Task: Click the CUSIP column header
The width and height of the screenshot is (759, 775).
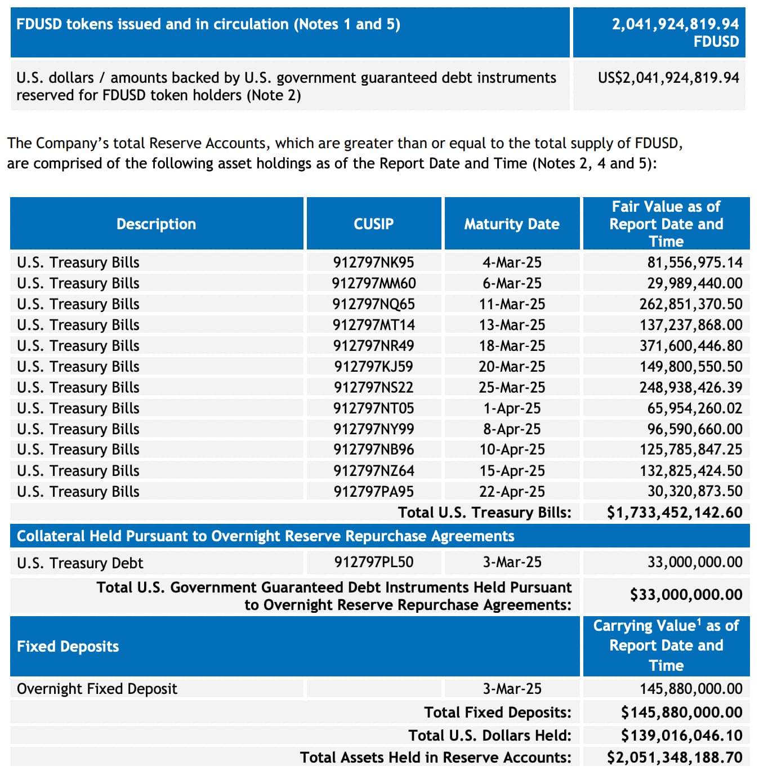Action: pos(373,224)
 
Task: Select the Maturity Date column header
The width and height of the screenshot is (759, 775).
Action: pos(511,224)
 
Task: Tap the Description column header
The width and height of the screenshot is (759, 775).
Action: pos(156,224)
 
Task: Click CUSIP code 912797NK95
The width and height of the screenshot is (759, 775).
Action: pos(373,262)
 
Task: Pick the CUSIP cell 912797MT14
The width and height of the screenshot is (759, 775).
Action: pos(373,325)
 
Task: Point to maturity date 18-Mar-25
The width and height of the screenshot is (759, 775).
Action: pos(511,346)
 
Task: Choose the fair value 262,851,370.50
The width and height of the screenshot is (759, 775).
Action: pos(690,304)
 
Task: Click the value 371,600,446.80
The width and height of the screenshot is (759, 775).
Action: pos(690,346)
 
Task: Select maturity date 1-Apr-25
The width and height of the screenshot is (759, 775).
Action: pos(511,408)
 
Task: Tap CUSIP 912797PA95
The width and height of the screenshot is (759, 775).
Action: pos(373,492)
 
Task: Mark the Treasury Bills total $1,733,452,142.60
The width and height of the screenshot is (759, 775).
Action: pos(674,513)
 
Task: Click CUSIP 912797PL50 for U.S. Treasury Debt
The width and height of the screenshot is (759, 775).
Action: pos(373,562)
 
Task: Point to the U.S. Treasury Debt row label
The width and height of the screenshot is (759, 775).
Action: pos(80,563)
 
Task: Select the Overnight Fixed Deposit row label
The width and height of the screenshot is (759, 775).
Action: pos(97,689)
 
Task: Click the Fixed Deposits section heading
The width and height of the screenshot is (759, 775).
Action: pos(68,647)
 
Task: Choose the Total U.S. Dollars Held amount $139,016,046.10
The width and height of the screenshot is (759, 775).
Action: pos(681,736)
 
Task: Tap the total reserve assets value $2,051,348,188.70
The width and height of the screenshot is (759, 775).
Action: pos(674,758)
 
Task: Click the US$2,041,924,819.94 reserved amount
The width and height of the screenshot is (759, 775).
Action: pos(668,78)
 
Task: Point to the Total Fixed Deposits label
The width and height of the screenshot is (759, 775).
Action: pos(497,712)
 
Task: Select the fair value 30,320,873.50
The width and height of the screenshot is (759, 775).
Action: pos(694,492)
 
